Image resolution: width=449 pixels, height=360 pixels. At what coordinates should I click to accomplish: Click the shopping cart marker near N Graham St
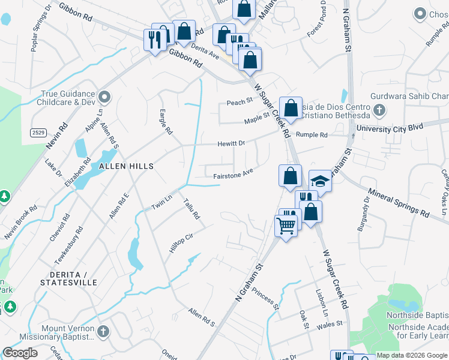pyautogui.click(x=286, y=226)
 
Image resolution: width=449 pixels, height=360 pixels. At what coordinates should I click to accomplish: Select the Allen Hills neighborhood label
pyautogui.click(x=126, y=166)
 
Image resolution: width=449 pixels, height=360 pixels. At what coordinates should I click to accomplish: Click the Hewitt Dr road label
pyautogui.click(x=232, y=143)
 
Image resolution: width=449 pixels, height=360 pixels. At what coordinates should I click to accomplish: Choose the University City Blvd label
pyautogui.click(x=390, y=128)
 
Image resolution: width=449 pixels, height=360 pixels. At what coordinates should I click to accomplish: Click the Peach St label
pyautogui.click(x=238, y=103)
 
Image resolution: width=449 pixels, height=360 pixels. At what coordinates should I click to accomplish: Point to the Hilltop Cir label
pyautogui.click(x=180, y=243)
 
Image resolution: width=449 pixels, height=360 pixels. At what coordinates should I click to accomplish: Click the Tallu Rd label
pyautogui.click(x=191, y=208)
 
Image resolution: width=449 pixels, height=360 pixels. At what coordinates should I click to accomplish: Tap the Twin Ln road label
pyautogui.click(x=161, y=202)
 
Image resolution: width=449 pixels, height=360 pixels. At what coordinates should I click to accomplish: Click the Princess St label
pyautogui.click(x=266, y=298)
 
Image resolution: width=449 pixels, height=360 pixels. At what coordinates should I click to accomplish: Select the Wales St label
pyautogui.click(x=330, y=323)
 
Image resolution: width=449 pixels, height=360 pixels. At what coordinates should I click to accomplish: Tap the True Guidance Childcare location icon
pyautogui.click(x=105, y=97)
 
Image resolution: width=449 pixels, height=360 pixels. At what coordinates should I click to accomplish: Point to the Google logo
pyautogui.click(x=20, y=353)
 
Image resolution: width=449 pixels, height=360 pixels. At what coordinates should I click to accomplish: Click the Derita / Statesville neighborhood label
pyautogui.click(x=68, y=277)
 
